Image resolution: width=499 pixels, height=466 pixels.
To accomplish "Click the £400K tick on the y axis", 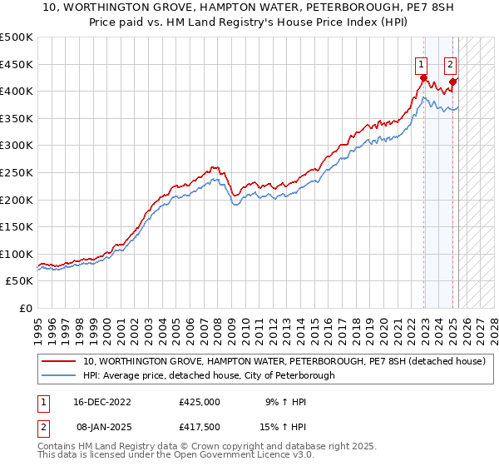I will pos(17,91).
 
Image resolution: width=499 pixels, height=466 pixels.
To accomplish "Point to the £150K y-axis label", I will pos(17,226).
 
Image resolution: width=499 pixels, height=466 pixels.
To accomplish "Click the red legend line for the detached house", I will pos(59,361).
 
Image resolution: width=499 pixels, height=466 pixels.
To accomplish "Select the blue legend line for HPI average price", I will pos(59,375).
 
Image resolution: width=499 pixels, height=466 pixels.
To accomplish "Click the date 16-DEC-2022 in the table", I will pos(102,401).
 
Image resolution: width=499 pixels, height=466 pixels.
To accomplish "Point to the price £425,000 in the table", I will pos(200,401).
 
